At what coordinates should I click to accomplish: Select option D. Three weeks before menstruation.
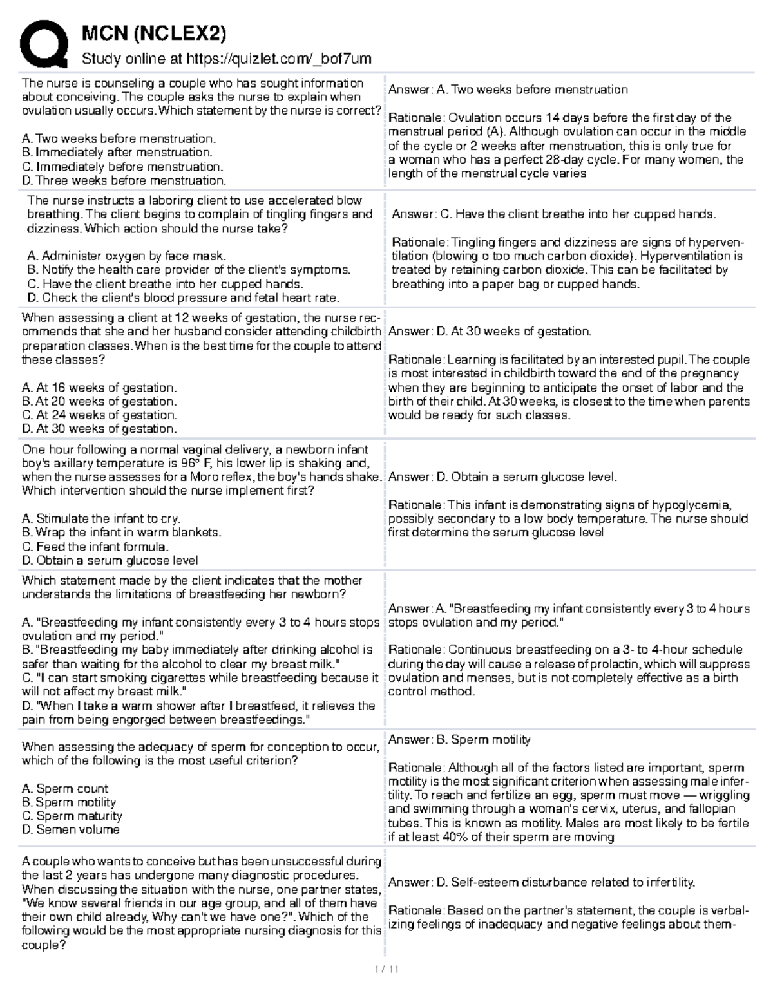(124, 181)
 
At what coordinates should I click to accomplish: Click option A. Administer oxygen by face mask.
(127, 256)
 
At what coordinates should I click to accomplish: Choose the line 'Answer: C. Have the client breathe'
(553, 214)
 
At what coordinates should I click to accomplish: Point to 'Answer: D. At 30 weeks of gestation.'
(490, 332)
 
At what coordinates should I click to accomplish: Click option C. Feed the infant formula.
(95, 547)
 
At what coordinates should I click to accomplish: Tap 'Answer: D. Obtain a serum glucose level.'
(502, 477)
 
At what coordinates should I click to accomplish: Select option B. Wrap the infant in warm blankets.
(121, 533)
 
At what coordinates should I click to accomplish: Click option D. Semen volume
(70, 830)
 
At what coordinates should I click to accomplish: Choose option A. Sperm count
(65, 789)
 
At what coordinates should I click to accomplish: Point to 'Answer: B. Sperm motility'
(459, 740)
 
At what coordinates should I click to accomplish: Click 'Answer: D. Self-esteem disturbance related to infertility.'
(541, 883)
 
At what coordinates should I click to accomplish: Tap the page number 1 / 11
(386, 970)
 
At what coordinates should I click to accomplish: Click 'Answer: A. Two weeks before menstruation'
(508, 90)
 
